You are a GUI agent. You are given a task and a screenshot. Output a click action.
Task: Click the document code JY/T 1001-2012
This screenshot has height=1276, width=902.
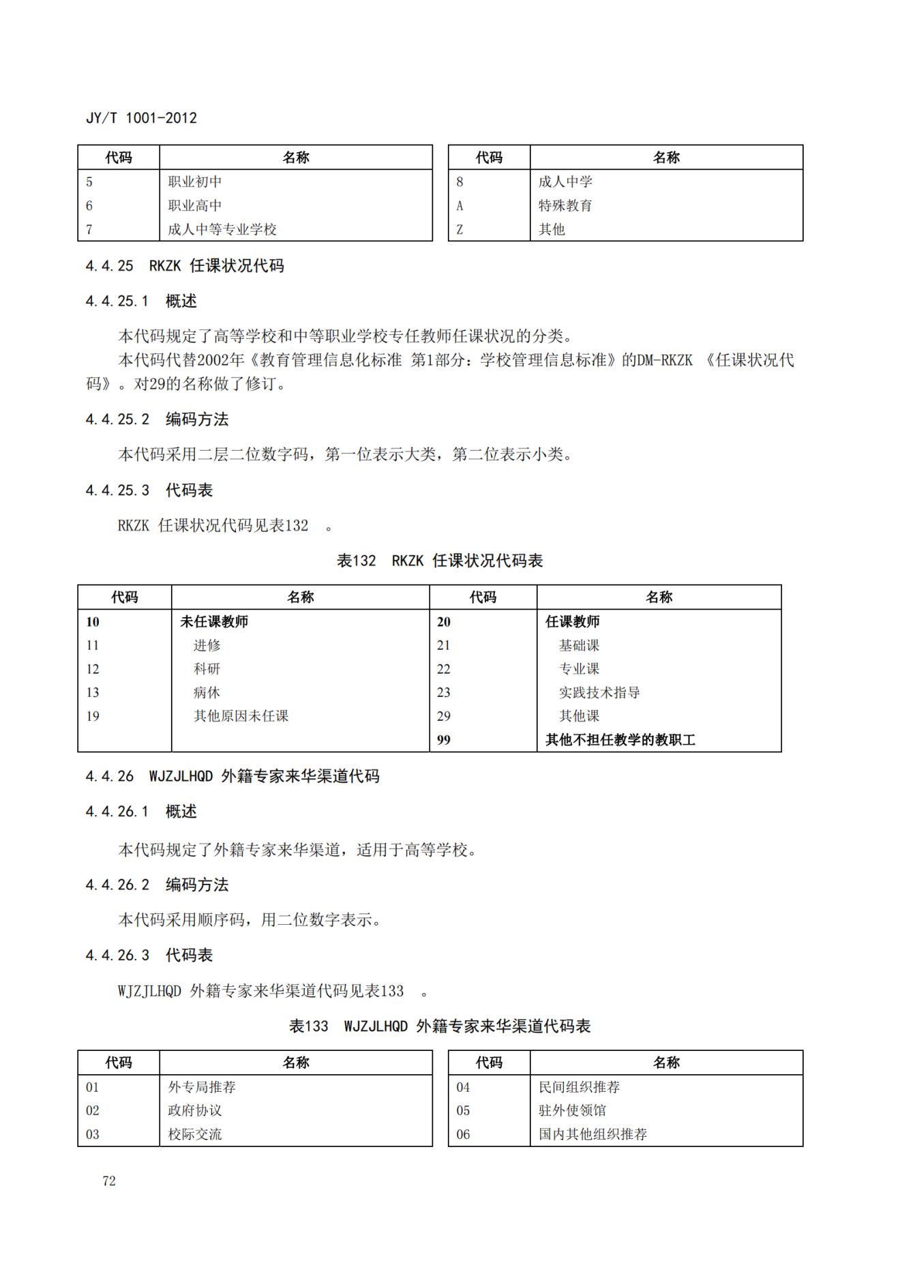click(141, 118)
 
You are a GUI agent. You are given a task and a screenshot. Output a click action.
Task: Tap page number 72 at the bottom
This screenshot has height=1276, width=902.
click(109, 1181)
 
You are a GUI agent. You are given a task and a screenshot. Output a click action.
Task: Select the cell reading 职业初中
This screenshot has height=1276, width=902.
click(195, 182)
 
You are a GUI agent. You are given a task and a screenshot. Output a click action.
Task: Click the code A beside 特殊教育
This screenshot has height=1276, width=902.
click(460, 206)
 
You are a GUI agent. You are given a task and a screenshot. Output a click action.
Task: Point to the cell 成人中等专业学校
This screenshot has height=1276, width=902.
click(222, 230)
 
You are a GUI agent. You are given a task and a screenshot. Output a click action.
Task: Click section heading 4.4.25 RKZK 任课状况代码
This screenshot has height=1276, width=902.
click(185, 266)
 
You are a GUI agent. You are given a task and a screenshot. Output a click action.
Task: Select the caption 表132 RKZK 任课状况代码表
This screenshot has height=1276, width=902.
click(440, 561)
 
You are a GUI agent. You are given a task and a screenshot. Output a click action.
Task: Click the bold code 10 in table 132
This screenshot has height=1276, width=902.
click(93, 622)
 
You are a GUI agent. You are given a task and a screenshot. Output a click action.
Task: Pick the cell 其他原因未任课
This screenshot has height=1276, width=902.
click(241, 716)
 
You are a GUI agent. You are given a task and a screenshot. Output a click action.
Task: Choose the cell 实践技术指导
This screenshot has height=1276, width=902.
click(599, 693)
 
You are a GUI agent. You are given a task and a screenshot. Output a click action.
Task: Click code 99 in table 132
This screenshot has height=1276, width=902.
click(444, 740)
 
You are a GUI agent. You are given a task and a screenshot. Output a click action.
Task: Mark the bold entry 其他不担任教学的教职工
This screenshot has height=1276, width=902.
click(620, 740)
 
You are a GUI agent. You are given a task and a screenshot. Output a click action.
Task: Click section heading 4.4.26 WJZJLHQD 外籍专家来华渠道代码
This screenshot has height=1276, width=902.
click(232, 776)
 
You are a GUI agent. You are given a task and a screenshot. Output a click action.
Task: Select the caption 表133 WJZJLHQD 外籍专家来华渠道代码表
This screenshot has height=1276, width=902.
click(440, 1026)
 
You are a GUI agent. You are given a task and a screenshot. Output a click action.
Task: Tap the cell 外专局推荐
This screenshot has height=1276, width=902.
click(202, 1087)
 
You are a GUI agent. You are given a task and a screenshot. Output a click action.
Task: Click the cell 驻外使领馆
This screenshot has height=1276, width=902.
click(572, 1111)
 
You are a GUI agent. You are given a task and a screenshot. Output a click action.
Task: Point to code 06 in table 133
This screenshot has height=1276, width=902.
click(464, 1135)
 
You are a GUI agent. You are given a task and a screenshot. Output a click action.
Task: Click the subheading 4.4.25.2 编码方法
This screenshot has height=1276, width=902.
click(157, 419)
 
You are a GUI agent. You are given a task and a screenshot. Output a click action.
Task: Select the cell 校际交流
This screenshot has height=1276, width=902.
click(195, 1135)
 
